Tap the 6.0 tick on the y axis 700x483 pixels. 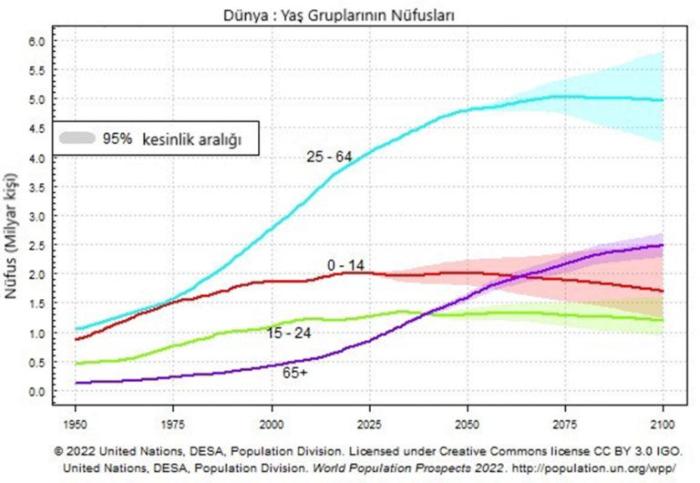[x=36, y=41]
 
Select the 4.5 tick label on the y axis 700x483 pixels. [x=36, y=128]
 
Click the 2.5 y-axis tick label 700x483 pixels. [x=36, y=246]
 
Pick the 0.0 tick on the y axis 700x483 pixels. [x=36, y=392]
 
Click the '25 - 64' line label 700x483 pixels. [x=329, y=157]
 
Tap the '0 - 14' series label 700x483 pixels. [x=346, y=264]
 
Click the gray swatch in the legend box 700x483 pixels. [x=78, y=139]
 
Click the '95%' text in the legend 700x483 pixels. [x=118, y=139]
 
